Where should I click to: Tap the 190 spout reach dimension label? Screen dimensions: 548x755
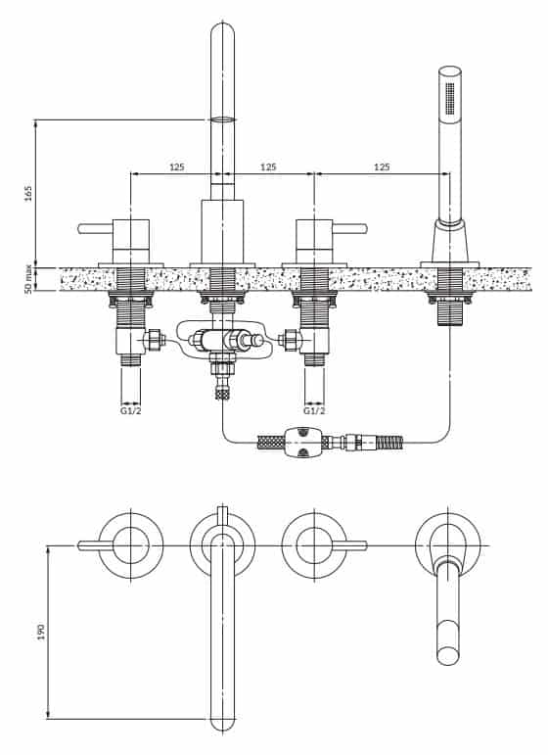click(x=41, y=632)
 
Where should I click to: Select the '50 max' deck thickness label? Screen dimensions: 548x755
click(x=27, y=279)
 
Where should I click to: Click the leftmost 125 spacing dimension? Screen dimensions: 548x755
click(x=176, y=167)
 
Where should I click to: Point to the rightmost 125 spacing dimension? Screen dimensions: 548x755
click(x=382, y=167)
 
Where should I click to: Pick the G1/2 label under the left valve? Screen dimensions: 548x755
click(x=131, y=410)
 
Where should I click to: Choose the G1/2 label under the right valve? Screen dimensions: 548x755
click(x=314, y=410)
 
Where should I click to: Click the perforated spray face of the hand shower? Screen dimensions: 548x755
click(x=450, y=99)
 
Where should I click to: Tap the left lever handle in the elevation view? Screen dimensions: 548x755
click(x=95, y=228)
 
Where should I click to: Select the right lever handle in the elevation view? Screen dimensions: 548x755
click(x=349, y=228)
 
